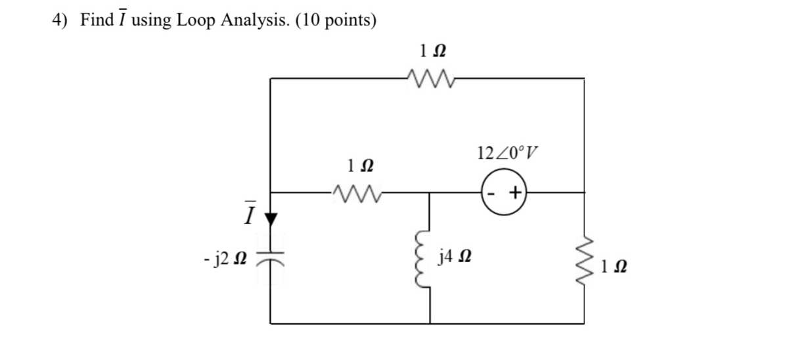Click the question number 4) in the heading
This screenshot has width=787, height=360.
click(60, 20)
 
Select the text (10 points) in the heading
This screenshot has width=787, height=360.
click(336, 20)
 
